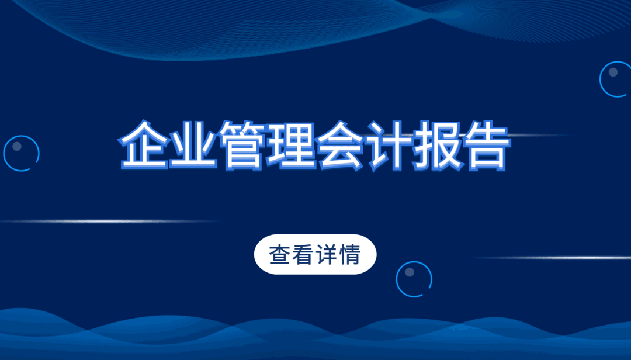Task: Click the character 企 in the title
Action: [144, 145]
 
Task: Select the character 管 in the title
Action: [242, 145]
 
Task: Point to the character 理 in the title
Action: [291, 145]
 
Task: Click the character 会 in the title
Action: [340, 145]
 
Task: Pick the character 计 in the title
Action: [389, 145]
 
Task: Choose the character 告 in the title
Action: [487, 145]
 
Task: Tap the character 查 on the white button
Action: [280, 254]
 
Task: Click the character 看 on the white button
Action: [303, 254]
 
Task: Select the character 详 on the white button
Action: [327, 254]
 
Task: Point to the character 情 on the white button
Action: [349, 254]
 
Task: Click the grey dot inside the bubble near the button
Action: [409, 272]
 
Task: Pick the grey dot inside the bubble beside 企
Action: [17, 146]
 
